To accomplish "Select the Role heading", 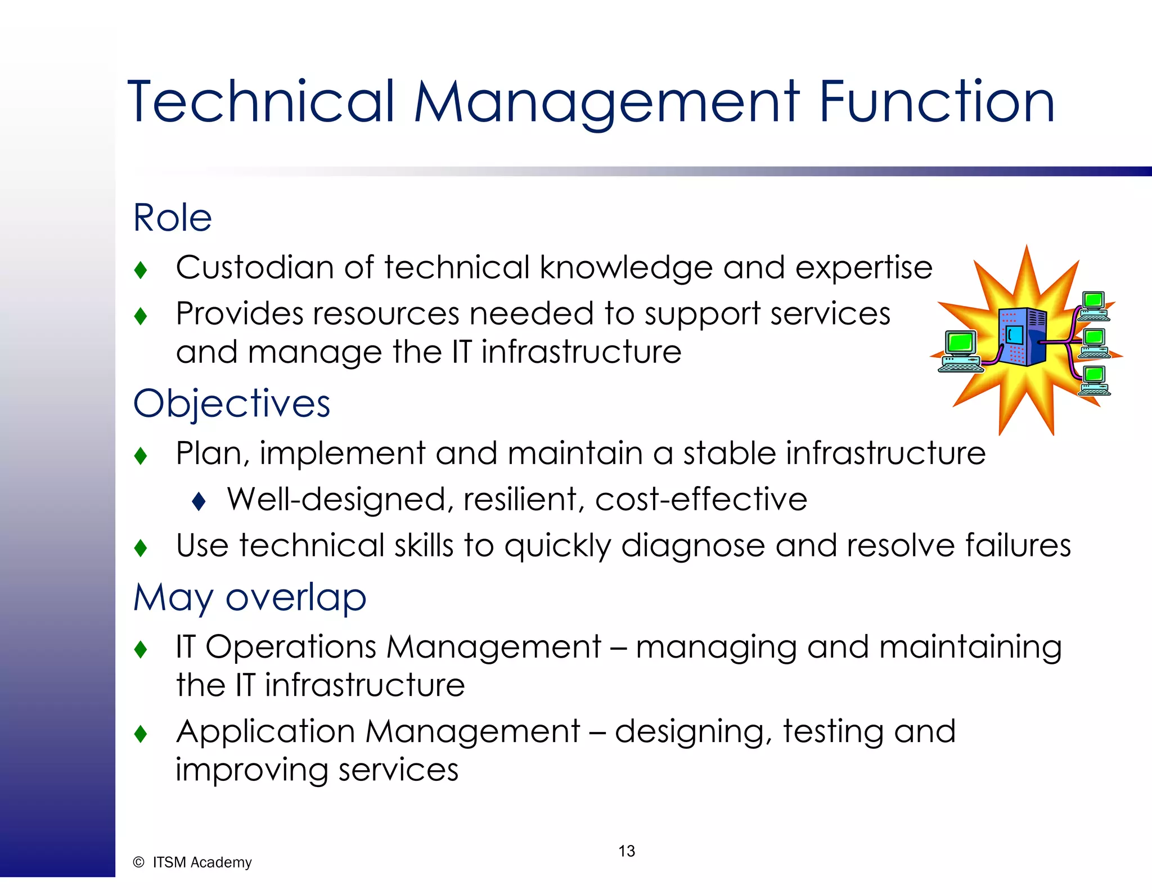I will click(172, 218).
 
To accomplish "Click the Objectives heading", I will click(232, 404).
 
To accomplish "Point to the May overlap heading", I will click(250, 597).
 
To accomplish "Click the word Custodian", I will click(255, 267).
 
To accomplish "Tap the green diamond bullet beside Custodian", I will click(141, 270).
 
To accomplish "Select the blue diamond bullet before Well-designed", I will click(199, 501).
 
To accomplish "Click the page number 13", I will click(627, 851).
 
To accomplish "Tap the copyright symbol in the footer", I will click(138, 862).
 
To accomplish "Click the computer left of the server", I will click(960, 352).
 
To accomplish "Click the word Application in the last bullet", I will click(265, 732).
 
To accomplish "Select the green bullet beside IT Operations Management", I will click(141, 650).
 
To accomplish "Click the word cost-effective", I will click(701, 500).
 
